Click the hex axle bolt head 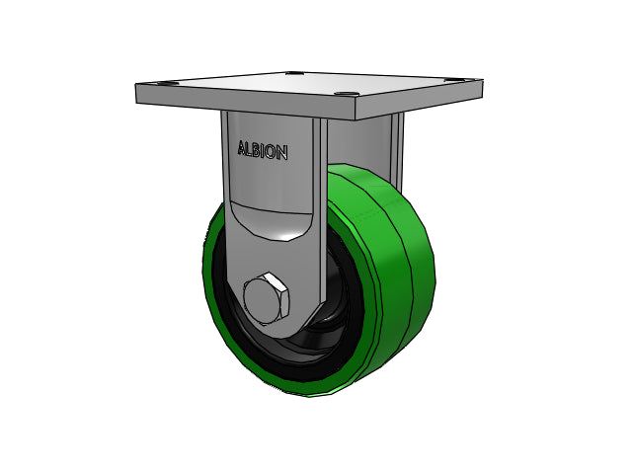tap(267, 298)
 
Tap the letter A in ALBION tap(243, 148)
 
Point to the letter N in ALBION tap(281, 152)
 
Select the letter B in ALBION tap(258, 149)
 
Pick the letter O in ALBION tap(271, 151)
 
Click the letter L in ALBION tap(251, 149)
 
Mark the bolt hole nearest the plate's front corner tap(346, 94)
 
